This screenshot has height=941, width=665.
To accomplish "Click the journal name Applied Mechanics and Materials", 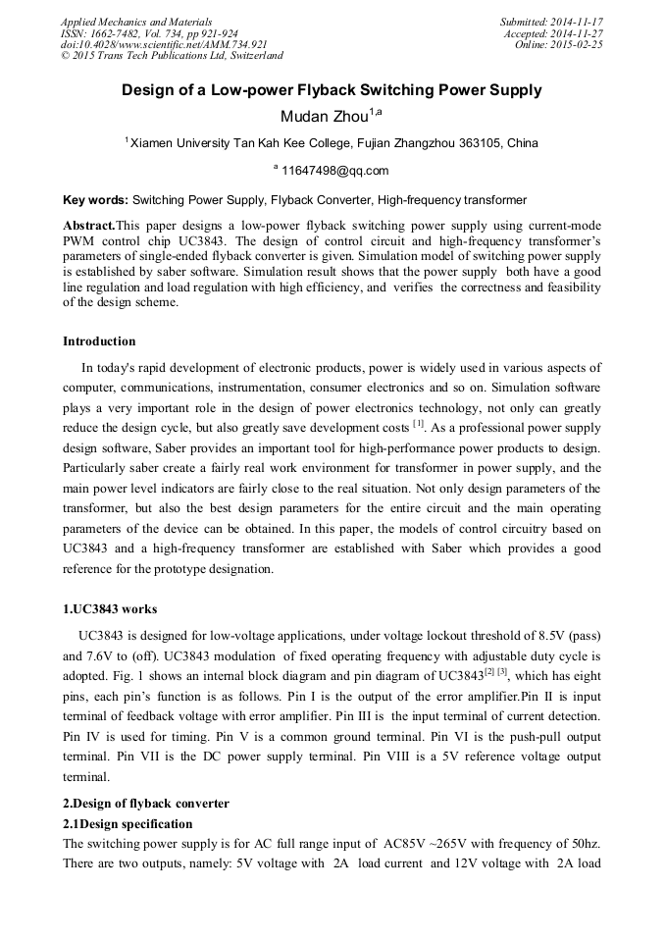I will (135, 22).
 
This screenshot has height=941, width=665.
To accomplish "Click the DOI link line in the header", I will (164, 45).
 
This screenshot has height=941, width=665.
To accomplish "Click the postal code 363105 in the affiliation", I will (477, 143).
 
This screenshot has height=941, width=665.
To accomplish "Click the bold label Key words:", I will (95, 200).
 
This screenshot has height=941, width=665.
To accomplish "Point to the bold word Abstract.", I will (88, 225).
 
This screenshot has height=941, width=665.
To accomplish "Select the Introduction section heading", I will (99, 341).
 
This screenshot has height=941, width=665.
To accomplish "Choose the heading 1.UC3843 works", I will (109, 609).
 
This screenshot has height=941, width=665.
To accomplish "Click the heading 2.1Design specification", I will (128, 823).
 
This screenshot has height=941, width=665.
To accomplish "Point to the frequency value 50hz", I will (585, 843).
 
